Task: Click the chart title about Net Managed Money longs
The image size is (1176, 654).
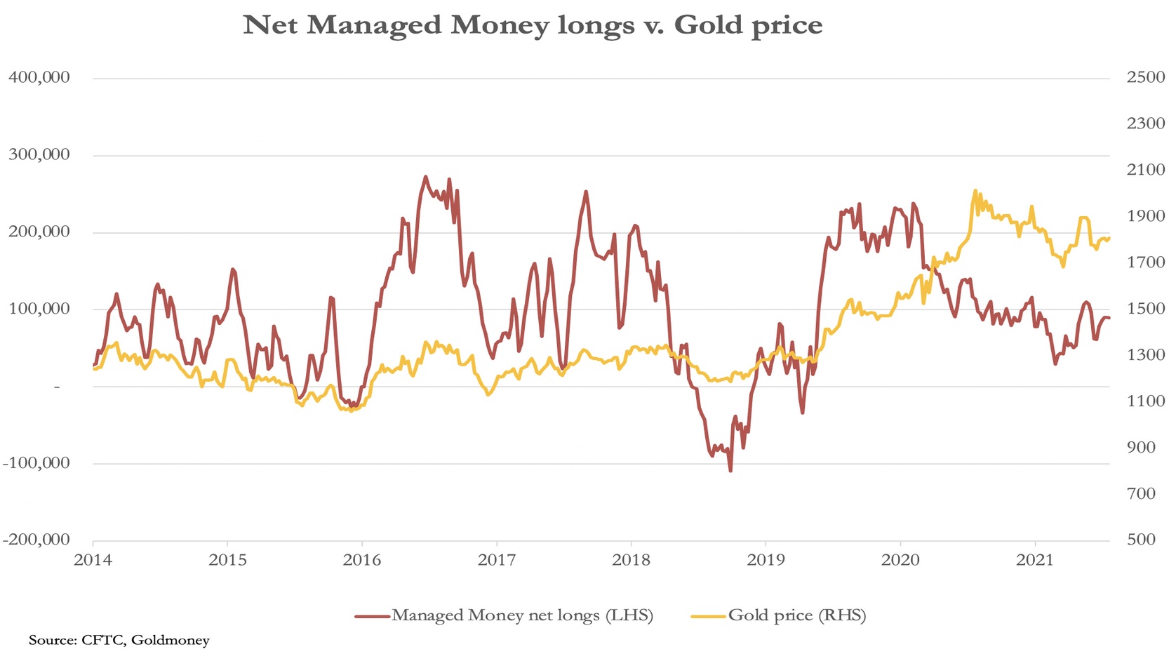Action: [533, 25]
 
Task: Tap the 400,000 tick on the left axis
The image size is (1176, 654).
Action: [39, 77]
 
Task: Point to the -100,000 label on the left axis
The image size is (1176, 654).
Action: [36, 463]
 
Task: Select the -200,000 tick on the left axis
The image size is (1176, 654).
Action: [36, 540]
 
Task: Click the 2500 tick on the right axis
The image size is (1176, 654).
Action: [1145, 77]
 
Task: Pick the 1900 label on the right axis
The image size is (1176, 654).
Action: [1145, 216]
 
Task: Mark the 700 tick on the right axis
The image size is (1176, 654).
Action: [1145, 494]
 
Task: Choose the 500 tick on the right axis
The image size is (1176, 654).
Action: [1145, 540]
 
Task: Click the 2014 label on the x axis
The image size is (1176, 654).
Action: [93, 560]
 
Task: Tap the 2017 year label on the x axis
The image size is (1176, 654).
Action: [497, 560]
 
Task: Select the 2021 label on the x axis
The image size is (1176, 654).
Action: [1035, 560]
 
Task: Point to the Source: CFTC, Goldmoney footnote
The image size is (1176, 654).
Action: [119, 640]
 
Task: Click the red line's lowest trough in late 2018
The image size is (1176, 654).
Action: [730, 470]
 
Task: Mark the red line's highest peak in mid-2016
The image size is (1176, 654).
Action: [425, 177]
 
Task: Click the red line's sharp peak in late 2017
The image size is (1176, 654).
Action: [586, 192]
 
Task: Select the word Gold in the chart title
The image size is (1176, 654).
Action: [709, 25]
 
